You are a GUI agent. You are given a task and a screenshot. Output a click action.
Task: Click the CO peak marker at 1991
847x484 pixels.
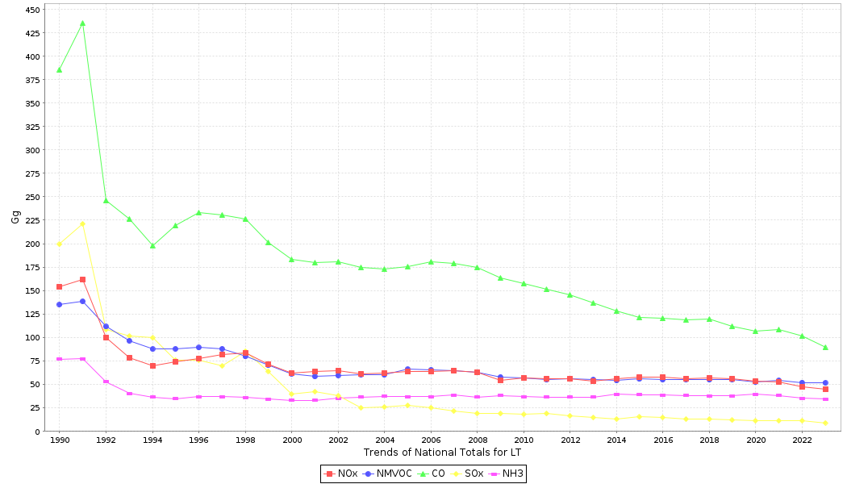(x=82, y=23)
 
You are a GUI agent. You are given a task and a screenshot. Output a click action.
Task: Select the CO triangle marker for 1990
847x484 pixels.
(x=59, y=70)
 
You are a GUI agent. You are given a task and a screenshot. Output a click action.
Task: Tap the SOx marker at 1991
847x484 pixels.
(x=82, y=223)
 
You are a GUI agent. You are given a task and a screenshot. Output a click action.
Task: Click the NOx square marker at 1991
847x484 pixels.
(x=82, y=280)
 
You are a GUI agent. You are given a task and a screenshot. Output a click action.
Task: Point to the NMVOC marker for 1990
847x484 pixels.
(x=59, y=304)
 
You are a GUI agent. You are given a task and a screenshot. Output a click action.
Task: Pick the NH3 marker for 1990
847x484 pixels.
(x=59, y=359)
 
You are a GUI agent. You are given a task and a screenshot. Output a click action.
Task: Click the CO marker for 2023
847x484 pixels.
(x=825, y=348)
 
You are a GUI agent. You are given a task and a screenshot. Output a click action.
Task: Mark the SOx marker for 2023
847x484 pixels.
(x=825, y=423)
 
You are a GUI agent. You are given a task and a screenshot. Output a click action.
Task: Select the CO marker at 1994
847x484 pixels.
(x=152, y=246)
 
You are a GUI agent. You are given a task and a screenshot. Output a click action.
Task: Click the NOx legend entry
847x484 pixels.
(x=342, y=474)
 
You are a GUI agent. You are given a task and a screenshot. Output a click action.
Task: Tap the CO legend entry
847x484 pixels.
(x=433, y=474)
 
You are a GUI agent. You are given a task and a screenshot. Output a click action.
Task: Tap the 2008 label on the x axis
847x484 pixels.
(x=478, y=440)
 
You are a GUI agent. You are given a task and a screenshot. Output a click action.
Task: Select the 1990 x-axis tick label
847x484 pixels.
(x=59, y=440)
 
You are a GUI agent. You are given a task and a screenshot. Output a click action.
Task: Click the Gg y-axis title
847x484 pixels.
(x=15, y=216)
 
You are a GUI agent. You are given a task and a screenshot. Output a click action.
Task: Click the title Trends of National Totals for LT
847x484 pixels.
(x=442, y=453)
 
